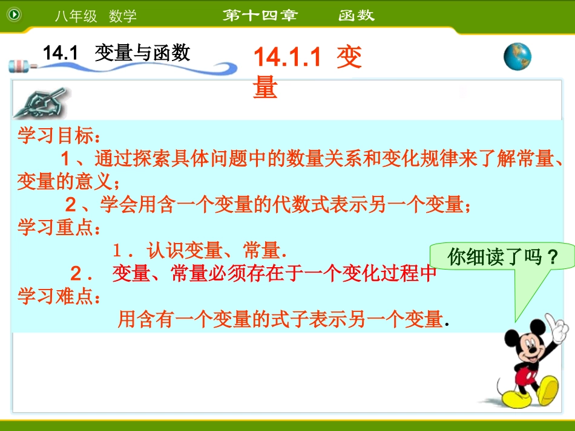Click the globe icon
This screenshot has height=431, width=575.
click(517, 57)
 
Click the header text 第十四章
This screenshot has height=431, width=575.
click(260, 16)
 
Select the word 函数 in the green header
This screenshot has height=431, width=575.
click(356, 16)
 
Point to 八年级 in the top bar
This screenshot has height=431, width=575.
click(76, 16)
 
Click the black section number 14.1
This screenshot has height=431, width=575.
click(61, 53)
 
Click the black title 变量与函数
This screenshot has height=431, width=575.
click(142, 53)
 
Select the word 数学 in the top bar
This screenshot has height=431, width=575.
click(123, 16)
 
